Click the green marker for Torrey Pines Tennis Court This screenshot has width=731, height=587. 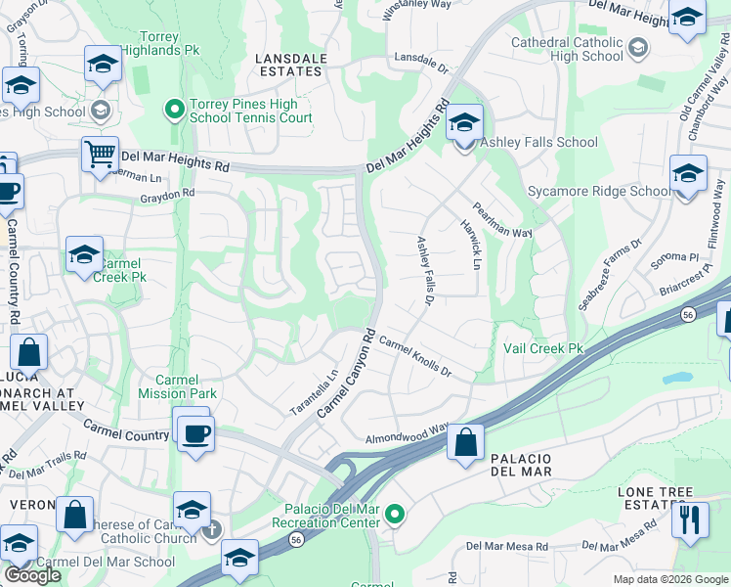point(176,109)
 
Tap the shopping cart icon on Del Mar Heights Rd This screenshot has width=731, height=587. point(100,156)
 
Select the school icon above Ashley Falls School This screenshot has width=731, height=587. point(464,123)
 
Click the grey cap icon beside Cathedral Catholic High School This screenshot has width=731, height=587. point(637,47)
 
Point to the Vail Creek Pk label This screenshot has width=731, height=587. point(542,348)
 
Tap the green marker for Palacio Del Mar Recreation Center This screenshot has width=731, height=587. point(395,514)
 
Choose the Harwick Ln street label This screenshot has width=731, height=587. point(470,245)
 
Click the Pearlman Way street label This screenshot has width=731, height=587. point(502,221)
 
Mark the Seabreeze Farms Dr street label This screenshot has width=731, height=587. point(610,275)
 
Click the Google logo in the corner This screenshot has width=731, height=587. point(32,575)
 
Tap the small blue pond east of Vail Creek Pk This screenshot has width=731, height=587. point(676,377)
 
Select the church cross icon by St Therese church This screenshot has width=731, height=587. point(211,529)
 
